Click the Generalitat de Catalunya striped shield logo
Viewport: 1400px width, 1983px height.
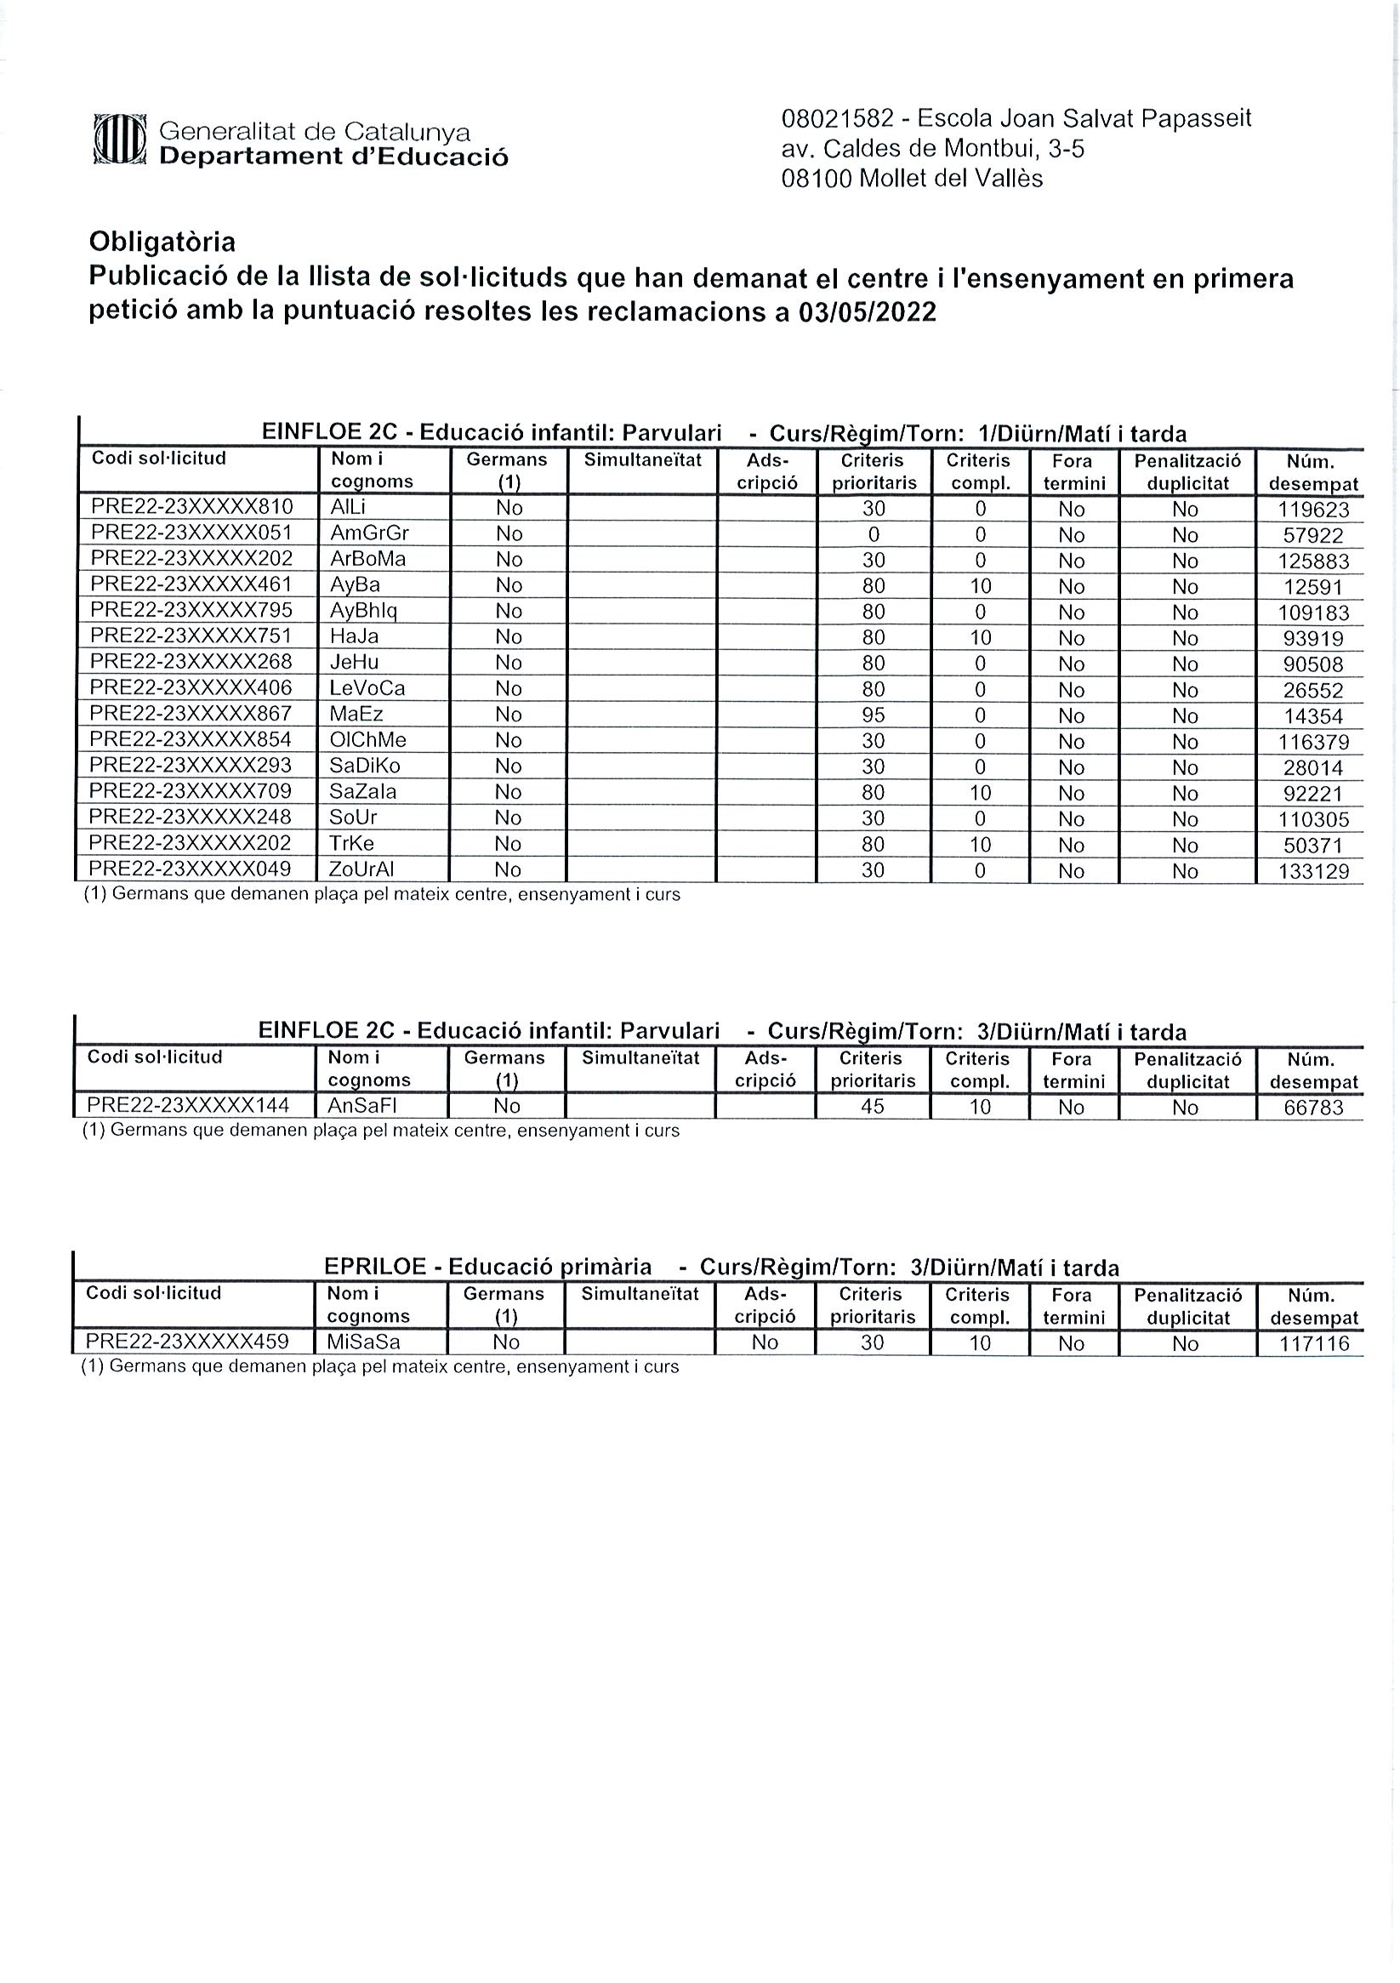(119, 139)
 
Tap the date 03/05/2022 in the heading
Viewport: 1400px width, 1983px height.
(867, 312)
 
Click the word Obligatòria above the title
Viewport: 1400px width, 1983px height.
(162, 242)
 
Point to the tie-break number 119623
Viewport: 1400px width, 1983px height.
(1312, 510)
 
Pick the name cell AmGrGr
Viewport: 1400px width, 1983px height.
(370, 533)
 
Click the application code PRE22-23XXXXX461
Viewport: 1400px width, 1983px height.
(191, 584)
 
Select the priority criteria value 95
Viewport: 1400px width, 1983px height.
(874, 715)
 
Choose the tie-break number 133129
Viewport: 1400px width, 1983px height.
(1312, 871)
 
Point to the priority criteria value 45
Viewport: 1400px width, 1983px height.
(873, 1107)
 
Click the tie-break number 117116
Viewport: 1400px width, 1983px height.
(1312, 1344)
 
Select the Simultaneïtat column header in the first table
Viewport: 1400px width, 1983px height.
(642, 460)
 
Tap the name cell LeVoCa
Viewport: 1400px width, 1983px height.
(367, 688)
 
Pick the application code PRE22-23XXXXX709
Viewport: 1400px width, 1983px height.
(191, 791)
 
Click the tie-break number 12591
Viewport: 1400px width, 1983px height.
(1312, 587)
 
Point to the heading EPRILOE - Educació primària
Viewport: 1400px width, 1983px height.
(487, 1267)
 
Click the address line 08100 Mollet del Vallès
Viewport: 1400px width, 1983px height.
(911, 179)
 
